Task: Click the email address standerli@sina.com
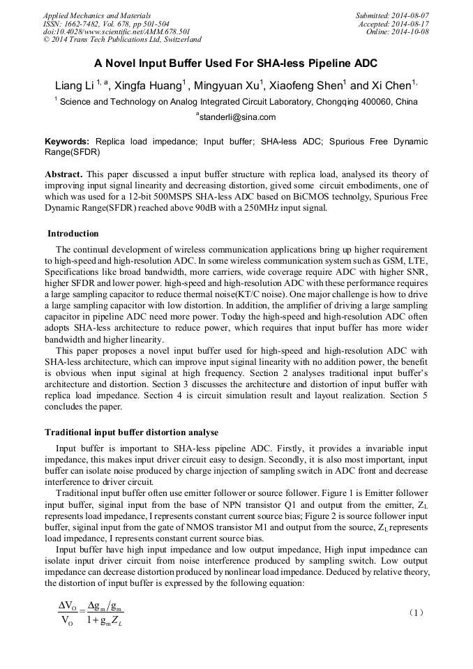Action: [x=237, y=117]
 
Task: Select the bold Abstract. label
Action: [x=64, y=174]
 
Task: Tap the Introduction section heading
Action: [x=73, y=234]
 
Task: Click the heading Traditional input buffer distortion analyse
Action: [x=131, y=433]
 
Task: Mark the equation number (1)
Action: [x=415, y=612]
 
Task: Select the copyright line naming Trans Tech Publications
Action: [x=122, y=40]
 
